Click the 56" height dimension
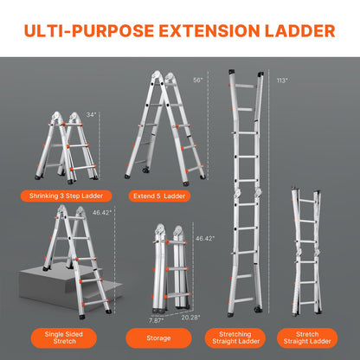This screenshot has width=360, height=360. click(x=198, y=80)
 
